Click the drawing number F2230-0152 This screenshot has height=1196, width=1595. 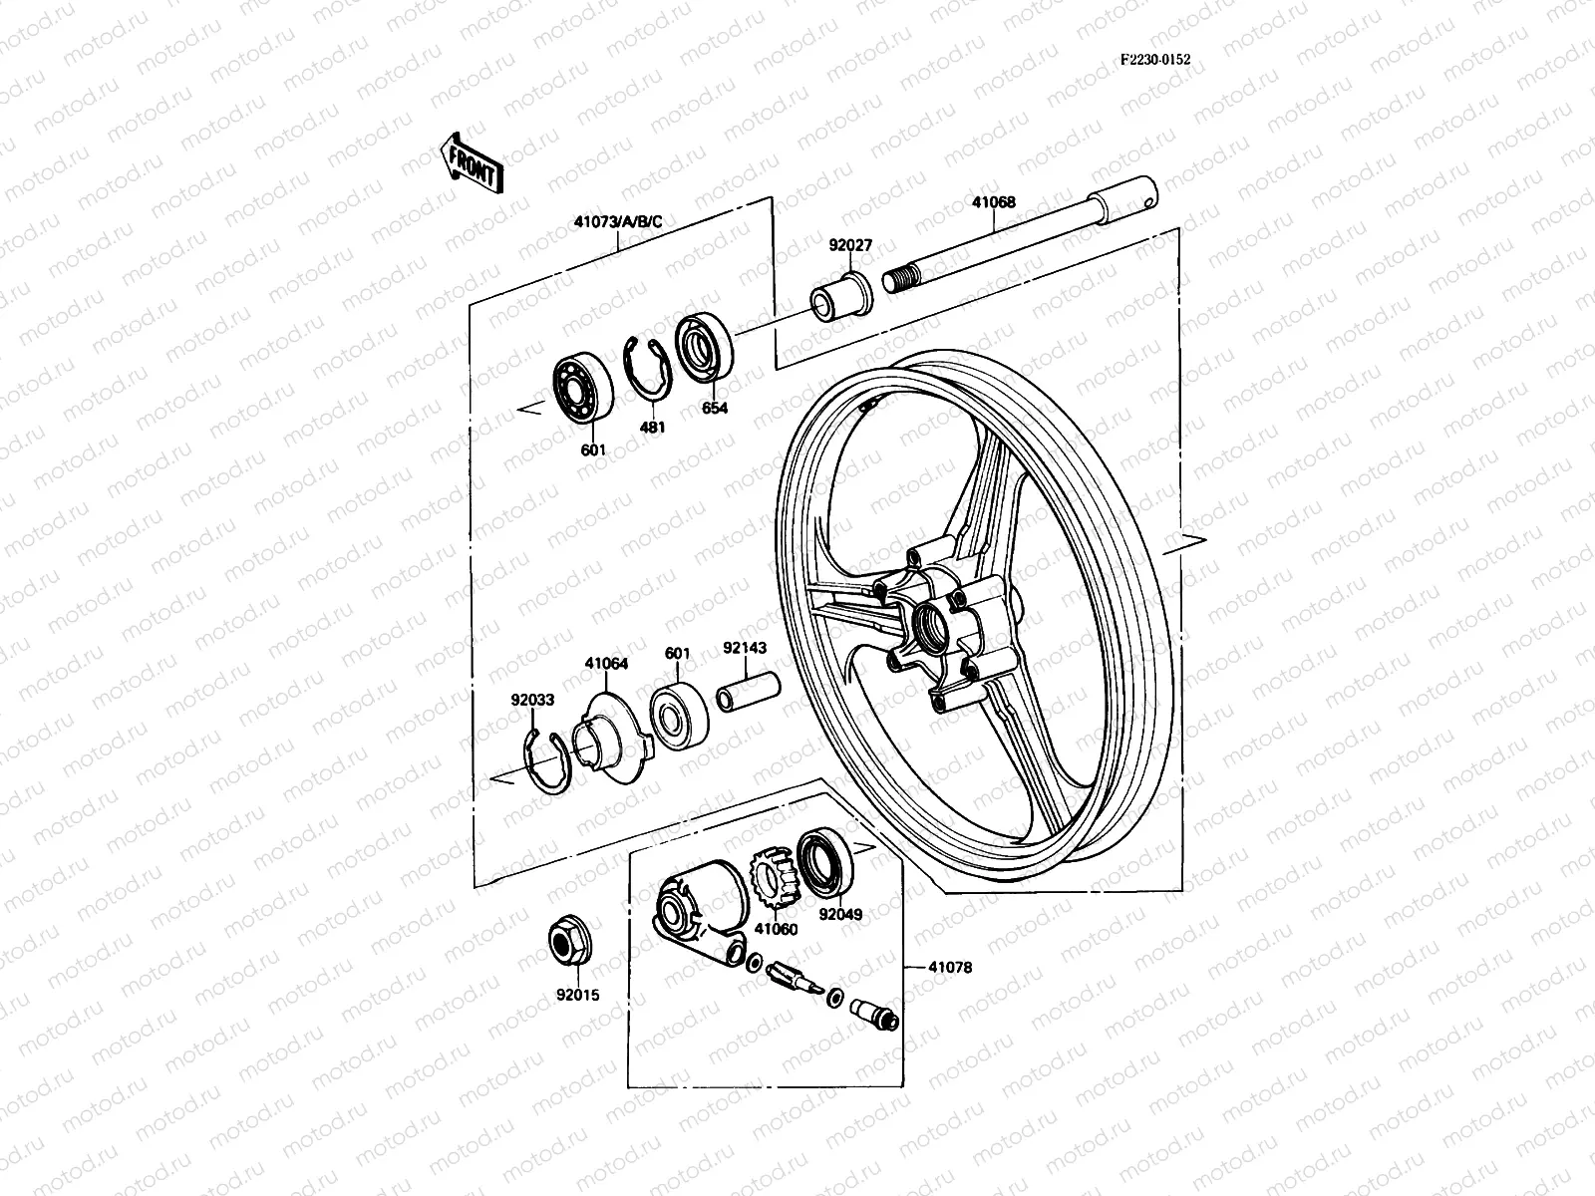(1154, 59)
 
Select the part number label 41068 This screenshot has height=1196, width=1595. (993, 201)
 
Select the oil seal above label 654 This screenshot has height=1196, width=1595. (705, 345)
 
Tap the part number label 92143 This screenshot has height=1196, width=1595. (744, 648)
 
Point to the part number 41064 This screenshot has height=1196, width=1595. (606, 663)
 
